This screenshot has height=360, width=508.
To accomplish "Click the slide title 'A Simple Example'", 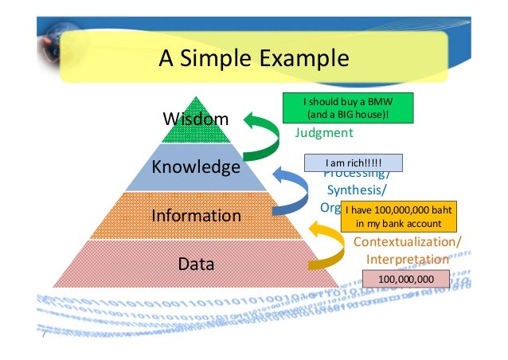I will tap(253, 58).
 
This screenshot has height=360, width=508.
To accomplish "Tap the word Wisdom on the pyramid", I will tap(195, 119).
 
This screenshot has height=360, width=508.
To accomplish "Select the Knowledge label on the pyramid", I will tap(196, 167).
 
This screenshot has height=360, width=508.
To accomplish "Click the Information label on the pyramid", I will tap(196, 215).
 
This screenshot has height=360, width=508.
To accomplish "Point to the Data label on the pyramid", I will tap(195, 263).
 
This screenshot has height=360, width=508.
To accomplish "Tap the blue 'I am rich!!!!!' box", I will tap(354, 162).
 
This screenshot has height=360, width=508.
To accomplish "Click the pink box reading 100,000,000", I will tap(405, 279).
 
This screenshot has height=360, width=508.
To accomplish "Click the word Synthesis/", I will tap(358, 190).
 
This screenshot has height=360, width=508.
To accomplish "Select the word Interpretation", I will tap(406, 260).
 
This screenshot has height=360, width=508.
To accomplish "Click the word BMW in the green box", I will tap(373, 102).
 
